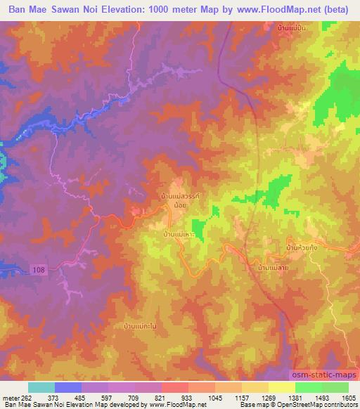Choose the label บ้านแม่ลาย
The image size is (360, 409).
pyautogui.click(x=274, y=267)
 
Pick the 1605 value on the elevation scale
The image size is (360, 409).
pyautogui.click(x=339, y=397)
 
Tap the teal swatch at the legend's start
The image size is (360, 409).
pyautogui.click(x=41, y=387)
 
